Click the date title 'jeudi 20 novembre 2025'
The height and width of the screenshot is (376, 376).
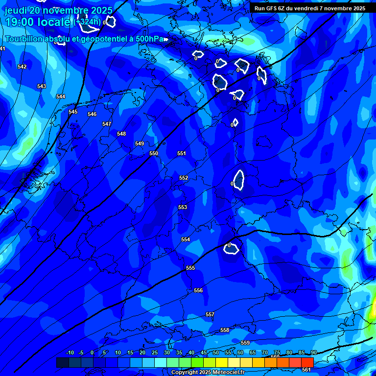click(x=58, y=10)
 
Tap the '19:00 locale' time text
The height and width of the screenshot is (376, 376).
click(x=38, y=22)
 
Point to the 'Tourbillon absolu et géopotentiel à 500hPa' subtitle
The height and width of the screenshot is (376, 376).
click(x=84, y=39)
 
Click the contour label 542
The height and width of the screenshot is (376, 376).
click(x=22, y=67)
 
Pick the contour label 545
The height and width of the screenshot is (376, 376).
click(x=73, y=112)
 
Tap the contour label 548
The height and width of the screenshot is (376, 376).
click(x=121, y=134)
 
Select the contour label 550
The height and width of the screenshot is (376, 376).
click(x=154, y=153)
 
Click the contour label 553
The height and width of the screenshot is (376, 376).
click(x=183, y=207)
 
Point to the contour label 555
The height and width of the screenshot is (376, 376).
click(x=190, y=268)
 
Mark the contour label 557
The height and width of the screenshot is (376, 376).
click(x=210, y=314)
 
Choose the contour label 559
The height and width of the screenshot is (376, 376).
click(x=245, y=343)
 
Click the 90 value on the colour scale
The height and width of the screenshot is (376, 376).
click(x=314, y=352)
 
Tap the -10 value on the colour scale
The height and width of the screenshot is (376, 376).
click(x=70, y=352)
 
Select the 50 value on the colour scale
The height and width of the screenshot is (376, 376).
click(x=216, y=352)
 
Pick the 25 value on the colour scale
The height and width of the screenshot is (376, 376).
click(x=155, y=352)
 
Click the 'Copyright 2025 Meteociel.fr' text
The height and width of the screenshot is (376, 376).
click(x=208, y=373)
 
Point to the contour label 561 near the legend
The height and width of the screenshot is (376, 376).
click(x=306, y=370)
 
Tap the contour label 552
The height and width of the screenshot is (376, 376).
click(x=184, y=178)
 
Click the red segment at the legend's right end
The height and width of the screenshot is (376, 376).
click(x=307, y=362)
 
